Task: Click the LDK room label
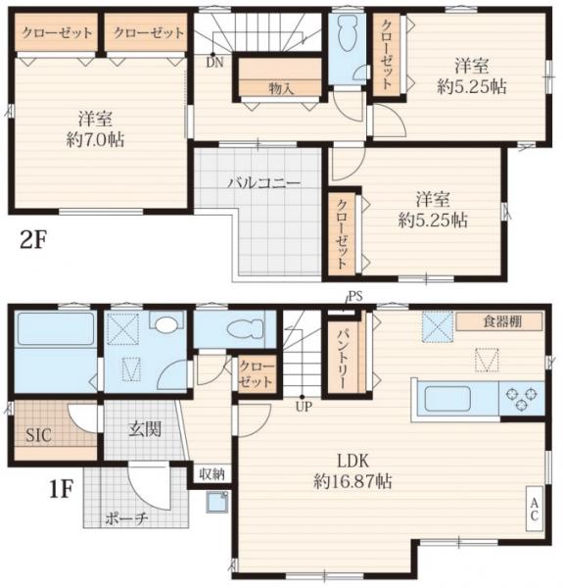pyautogui.click(x=353, y=461)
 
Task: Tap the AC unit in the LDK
pyautogui.click(x=535, y=509)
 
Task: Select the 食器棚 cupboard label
pyautogui.click(x=502, y=321)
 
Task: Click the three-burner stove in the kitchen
pyautogui.click(x=522, y=399)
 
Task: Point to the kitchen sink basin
pyautogui.click(x=447, y=399)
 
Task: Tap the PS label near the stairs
pyautogui.click(x=355, y=297)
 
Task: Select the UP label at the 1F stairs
pyautogui.click(x=303, y=407)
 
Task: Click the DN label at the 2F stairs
pyautogui.click(x=214, y=63)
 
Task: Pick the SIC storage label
pyautogui.click(x=38, y=435)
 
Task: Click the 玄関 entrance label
pyautogui.click(x=145, y=429)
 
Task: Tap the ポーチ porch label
pyautogui.click(x=126, y=518)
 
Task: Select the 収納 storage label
pyautogui.click(x=212, y=474)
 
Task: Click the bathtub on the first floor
pyautogui.click(x=55, y=329)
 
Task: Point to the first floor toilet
pyautogui.click(x=247, y=327)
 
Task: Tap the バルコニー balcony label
pyautogui.click(x=264, y=183)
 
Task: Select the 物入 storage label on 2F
pyautogui.click(x=281, y=88)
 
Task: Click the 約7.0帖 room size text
pyautogui.click(x=95, y=140)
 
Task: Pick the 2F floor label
pyautogui.click(x=32, y=241)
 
